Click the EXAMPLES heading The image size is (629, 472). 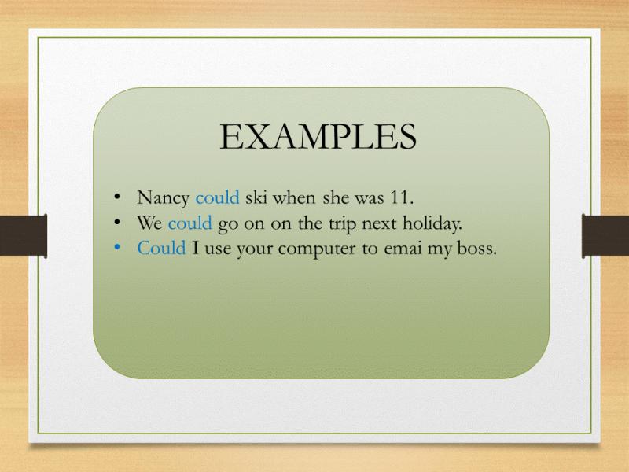[x=318, y=136]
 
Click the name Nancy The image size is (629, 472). [x=163, y=198]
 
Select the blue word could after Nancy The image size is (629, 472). [x=217, y=197]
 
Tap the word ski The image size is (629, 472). [x=256, y=197]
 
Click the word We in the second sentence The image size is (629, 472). [x=149, y=223]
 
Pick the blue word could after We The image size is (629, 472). [x=189, y=223]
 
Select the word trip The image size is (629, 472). [x=343, y=224]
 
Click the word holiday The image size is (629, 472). [x=431, y=224]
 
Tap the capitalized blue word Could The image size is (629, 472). [x=161, y=248]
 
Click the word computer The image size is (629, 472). [x=317, y=249]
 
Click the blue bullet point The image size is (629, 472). [x=117, y=248]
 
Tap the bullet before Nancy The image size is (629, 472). [x=117, y=197]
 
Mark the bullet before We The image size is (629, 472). [x=117, y=222]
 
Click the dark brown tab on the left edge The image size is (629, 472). [x=24, y=235]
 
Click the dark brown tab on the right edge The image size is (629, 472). [x=605, y=235]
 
